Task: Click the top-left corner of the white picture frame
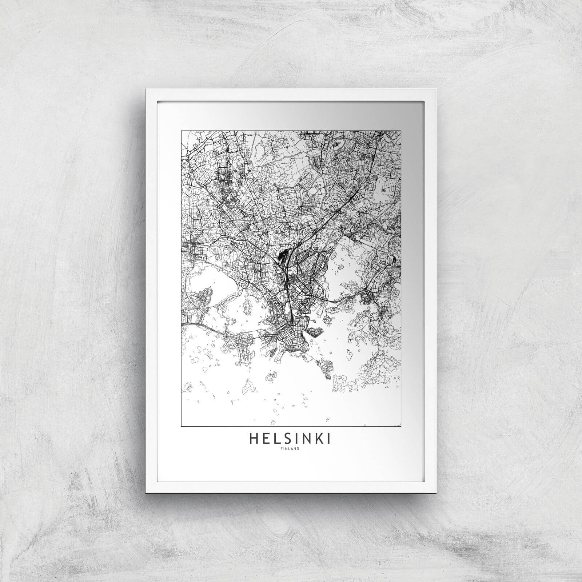[x=145, y=88]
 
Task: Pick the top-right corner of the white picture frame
[x=436, y=88]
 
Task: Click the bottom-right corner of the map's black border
[x=401, y=426]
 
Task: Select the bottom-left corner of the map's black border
[x=181, y=426]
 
